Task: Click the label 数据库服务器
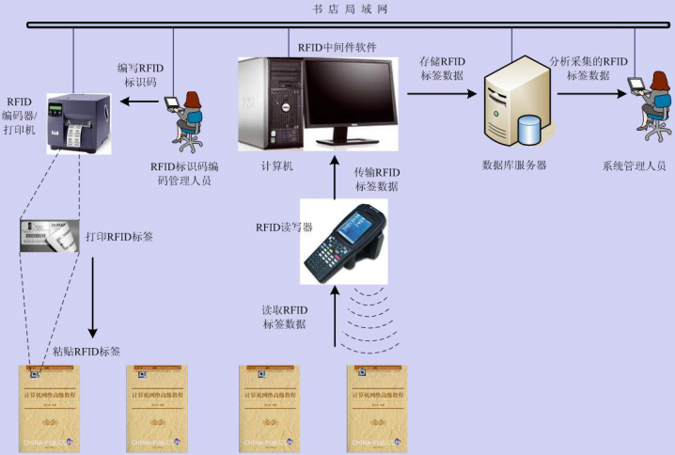[514, 165]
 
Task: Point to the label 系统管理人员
[634, 165]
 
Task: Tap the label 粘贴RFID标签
[86, 352]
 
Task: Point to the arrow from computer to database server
[442, 94]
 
